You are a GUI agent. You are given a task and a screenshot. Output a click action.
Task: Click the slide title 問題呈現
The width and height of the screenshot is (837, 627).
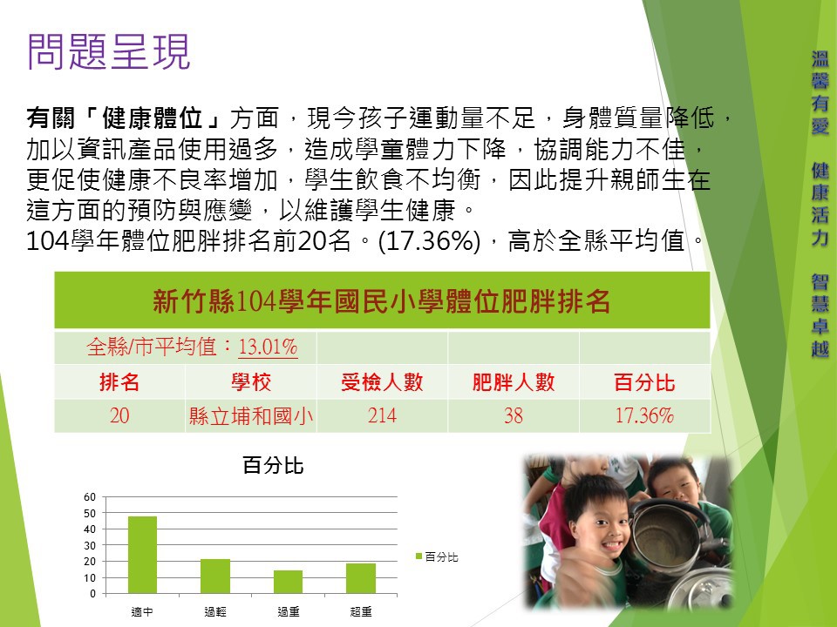(108, 51)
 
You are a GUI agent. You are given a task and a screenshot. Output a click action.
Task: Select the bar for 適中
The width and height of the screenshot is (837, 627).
(142, 555)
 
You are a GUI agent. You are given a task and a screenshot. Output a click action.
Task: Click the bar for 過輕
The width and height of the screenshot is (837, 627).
(215, 576)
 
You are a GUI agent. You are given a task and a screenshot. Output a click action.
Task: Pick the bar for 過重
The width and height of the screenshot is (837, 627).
(289, 582)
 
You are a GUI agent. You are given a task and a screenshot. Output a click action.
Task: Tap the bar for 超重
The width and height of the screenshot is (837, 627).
(361, 578)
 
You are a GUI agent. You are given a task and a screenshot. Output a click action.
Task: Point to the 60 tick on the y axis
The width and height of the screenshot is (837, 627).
(90, 497)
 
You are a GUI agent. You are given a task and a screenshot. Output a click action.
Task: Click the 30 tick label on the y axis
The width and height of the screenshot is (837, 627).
(90, 545)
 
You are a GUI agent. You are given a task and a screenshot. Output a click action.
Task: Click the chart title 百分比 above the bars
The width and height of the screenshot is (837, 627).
(273, 465)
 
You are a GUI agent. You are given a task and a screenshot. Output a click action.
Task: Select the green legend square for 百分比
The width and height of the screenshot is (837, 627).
(419, 556)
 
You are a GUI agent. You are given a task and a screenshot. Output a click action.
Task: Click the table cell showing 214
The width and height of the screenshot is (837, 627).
(382, 415)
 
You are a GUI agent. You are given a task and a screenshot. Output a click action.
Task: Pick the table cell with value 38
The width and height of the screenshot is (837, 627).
(514, 415)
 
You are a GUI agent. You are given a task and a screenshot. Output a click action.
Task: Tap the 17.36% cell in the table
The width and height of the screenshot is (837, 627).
(645, 415)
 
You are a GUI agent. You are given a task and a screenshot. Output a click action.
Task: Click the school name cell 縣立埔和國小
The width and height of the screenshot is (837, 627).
(251, 416)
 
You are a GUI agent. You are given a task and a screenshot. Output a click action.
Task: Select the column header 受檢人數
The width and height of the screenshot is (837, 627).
(382, 382)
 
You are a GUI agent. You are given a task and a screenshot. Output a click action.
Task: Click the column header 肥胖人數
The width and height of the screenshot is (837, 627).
(514, 382)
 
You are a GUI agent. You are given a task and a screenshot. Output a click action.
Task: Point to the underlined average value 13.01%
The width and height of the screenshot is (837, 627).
(268, 347)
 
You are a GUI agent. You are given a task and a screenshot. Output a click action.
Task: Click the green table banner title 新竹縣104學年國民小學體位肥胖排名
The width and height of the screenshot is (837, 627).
(382, 300)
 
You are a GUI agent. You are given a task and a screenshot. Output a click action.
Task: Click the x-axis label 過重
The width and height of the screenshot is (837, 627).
(289, 611)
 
